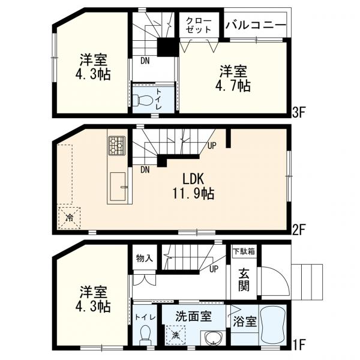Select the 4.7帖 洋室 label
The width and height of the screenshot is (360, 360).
click(234, 79)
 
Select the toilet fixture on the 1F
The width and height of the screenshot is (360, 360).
click(143, 333)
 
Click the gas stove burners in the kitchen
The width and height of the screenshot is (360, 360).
click(116, 145)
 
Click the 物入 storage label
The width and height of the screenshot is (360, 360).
click(143, 258)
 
